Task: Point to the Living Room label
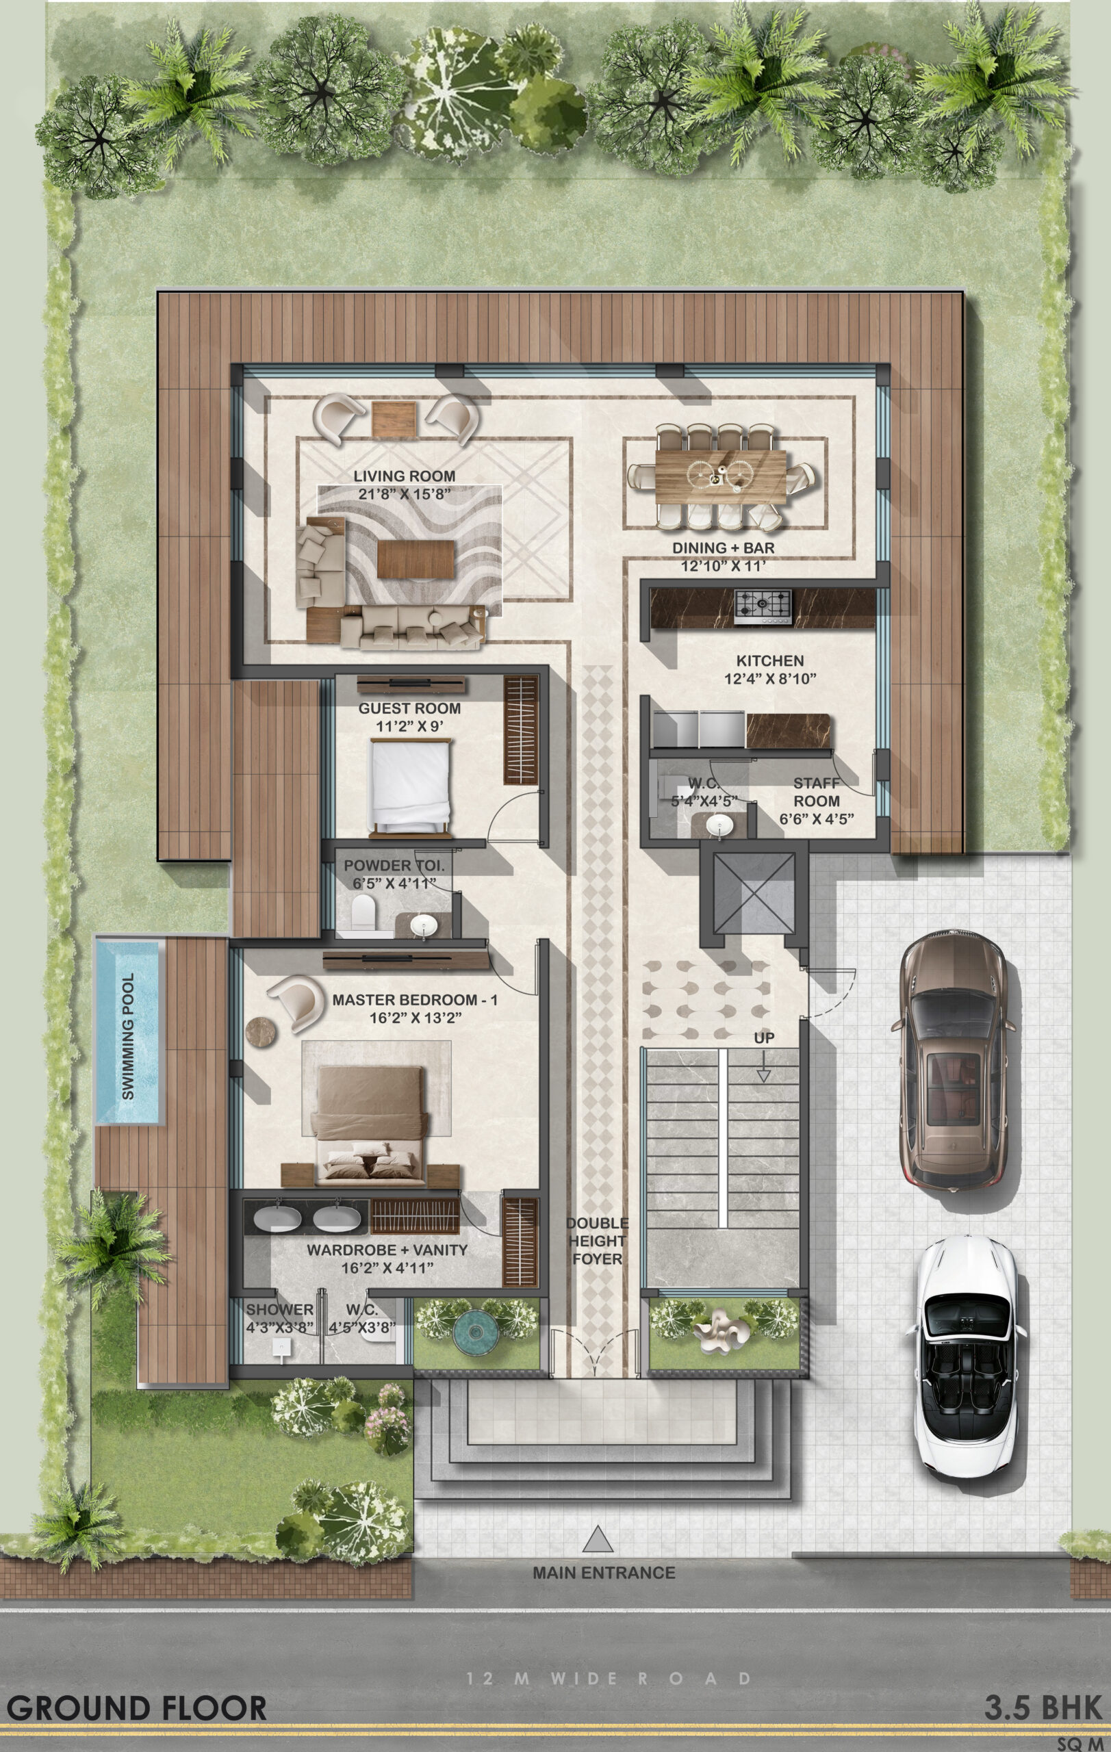pos(405,485)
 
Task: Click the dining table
pos(720,476)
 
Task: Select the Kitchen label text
pos(770,660)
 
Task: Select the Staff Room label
pos(817,793)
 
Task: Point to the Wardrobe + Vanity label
pos(387,1259)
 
